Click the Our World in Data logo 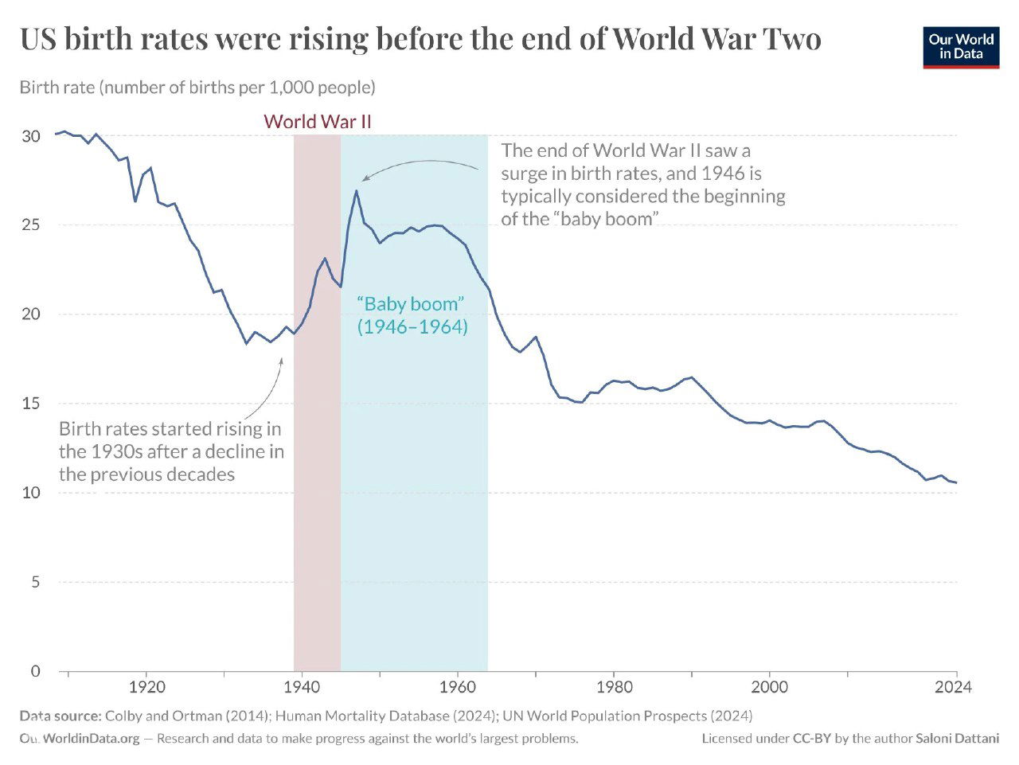[961, 47]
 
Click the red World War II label [317, 122]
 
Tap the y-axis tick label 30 [30, 136]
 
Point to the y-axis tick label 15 [30, 404]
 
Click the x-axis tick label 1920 [146, 687]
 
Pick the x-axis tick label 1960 [458, 687]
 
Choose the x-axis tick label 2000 [770, 687]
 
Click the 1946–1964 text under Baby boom [412, 326]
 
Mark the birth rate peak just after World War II [356, 191]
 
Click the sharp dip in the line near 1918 [135, 201]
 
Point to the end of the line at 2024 [956, 482]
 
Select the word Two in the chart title [791, 38]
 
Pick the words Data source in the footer [61, 716]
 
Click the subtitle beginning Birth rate [197, 87]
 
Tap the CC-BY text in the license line [812, 739]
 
